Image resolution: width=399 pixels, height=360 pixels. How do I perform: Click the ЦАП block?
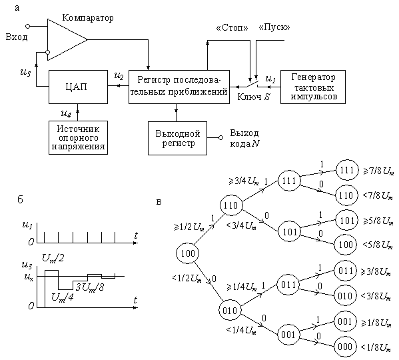click(78, 87)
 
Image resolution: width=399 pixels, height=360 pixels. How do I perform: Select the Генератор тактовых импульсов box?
click(313, 87)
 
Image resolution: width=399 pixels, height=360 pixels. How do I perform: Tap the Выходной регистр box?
click(177, 138)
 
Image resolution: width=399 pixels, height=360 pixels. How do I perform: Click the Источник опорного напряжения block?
click(78, 138)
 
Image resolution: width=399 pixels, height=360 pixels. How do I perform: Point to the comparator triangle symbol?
click(67, 39)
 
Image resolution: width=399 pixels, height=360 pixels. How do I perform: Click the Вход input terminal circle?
click(28, 26)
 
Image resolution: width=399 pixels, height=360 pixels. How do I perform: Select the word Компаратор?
click(88, 18)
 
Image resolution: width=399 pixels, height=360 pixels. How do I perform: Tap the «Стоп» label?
click(232, 27)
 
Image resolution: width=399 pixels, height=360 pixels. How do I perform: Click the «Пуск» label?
click(274, 27)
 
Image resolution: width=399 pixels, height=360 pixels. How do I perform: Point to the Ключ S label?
click(253, 97)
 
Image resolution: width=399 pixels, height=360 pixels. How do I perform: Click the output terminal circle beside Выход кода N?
click(221, 138)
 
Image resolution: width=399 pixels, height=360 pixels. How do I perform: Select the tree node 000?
click(345, 347)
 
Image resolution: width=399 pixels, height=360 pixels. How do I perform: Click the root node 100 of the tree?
click(188, 253)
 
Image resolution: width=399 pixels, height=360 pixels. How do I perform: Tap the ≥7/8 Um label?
click(378, 171)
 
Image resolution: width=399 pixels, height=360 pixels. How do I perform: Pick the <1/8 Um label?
click(376, 347)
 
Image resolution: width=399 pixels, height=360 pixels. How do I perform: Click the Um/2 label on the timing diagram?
click(53, 259)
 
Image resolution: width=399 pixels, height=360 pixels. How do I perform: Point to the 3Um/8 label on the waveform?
click(90, 287)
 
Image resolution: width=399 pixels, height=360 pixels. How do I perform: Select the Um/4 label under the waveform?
click(63, 297)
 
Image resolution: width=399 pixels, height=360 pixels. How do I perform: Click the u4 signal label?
click(66, 113)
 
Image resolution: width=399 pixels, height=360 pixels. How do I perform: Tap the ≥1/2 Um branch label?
click(189, 227)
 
